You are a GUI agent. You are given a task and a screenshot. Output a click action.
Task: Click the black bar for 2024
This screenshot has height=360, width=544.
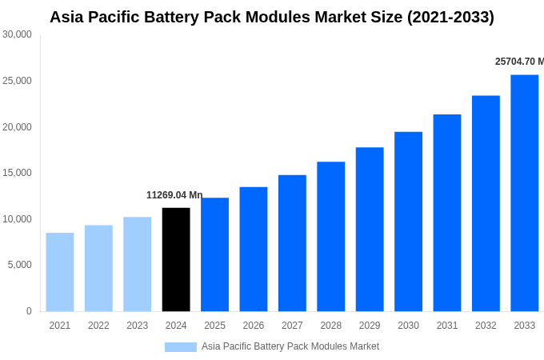click(x=176, y=259)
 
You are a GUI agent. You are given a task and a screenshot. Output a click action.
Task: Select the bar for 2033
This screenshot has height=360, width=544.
click(x=524, y=193)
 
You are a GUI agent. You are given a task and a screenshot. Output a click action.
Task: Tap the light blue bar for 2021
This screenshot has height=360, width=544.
click(x=60, y=272)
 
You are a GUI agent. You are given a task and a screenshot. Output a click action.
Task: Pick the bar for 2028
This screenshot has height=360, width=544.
click(x=330, y=237)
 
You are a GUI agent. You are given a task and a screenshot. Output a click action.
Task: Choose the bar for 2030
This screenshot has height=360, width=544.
click(x=408, y=222)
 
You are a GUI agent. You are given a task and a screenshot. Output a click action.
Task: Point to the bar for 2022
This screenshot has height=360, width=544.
click(x=98, y=268)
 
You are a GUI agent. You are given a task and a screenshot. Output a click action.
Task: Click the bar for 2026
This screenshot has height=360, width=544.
click(x=254, y=249)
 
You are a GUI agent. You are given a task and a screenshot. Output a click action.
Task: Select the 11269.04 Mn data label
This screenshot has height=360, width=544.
click(x=174, y=195)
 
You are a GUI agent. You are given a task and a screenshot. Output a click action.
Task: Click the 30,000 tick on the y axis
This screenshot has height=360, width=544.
click(x=18, y=34)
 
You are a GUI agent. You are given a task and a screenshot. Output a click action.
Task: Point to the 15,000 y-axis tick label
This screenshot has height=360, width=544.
click(x=18, y=173)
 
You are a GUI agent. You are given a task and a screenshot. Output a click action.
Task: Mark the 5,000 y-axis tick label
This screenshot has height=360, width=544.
click(x=20, y=265)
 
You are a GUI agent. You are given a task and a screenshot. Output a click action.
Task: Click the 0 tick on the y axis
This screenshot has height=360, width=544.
click(x=29, y=311)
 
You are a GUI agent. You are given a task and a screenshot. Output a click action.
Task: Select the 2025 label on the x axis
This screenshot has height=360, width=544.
click(x=214, y=326)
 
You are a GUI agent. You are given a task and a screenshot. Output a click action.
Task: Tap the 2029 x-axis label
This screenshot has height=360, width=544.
click(x=370, y=326)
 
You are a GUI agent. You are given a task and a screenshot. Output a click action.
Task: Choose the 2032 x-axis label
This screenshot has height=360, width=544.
click(x=486, y=326)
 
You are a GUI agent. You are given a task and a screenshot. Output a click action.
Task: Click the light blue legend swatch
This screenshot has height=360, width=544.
click(x=181, y=347)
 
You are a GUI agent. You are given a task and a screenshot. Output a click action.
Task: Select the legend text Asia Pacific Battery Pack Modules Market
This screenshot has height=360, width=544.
click(x=290, y=346)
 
